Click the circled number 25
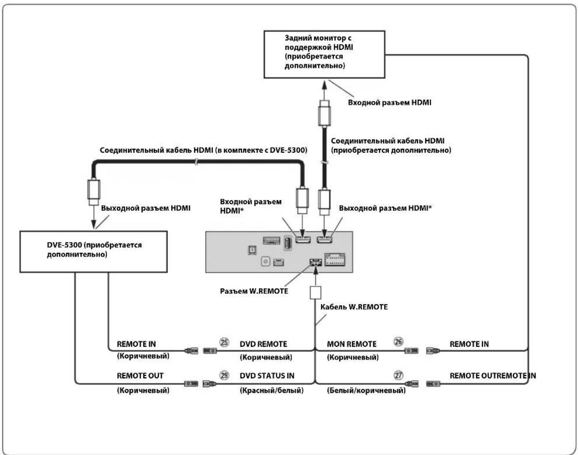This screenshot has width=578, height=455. (224, 342)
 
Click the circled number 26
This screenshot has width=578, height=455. (398, 342)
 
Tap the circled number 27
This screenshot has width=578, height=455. (398, 375)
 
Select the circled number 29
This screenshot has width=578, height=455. (224, 375)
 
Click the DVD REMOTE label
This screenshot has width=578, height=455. (263, 344)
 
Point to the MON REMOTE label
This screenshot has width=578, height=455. (351, 344)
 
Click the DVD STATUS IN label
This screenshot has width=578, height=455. (267, 376)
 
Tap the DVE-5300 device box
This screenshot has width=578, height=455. (93, 252)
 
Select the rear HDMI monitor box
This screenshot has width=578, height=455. (324, 54)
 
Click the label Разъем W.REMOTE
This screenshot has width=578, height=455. (254, 291)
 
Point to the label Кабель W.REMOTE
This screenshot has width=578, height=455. (354, 307)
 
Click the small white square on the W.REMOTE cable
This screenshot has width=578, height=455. (315, 293)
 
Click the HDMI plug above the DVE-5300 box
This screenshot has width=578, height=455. (94, 192)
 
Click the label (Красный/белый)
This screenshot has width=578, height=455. (271, 390)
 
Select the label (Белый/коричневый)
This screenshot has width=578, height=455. (366, 390)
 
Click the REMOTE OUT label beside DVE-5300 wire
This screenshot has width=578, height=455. (140, 376)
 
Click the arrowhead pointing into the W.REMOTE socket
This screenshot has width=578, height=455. (316, 271)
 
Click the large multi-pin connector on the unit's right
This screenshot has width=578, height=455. (335, 259)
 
